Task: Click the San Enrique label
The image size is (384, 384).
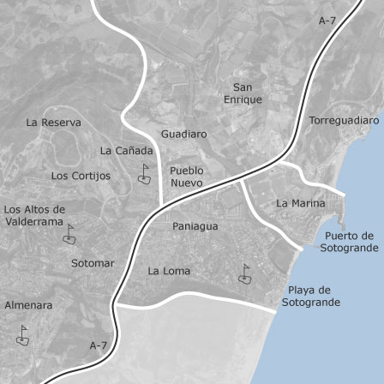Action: coord(243,93)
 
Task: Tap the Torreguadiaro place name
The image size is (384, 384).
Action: coord(344,121)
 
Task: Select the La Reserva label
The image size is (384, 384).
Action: coord(54,123)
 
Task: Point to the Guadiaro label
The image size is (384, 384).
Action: coord(183,135)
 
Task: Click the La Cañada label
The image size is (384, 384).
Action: coord(127,150)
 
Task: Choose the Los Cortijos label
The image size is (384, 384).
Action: coord(81,176)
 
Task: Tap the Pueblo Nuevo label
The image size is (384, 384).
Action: coord(187,177)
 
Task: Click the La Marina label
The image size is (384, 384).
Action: coord(301,203)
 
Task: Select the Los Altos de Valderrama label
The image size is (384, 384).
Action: coord(34,215)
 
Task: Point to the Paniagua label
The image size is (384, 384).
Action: coord(195,226)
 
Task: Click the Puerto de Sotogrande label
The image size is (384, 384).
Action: coord(349,242)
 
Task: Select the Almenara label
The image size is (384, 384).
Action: coord(28,304)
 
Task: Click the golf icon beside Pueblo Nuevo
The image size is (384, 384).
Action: coord(145,174)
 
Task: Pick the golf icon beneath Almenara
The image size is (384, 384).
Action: coord(22,335)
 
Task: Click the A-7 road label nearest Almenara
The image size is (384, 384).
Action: coord(99,345)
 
